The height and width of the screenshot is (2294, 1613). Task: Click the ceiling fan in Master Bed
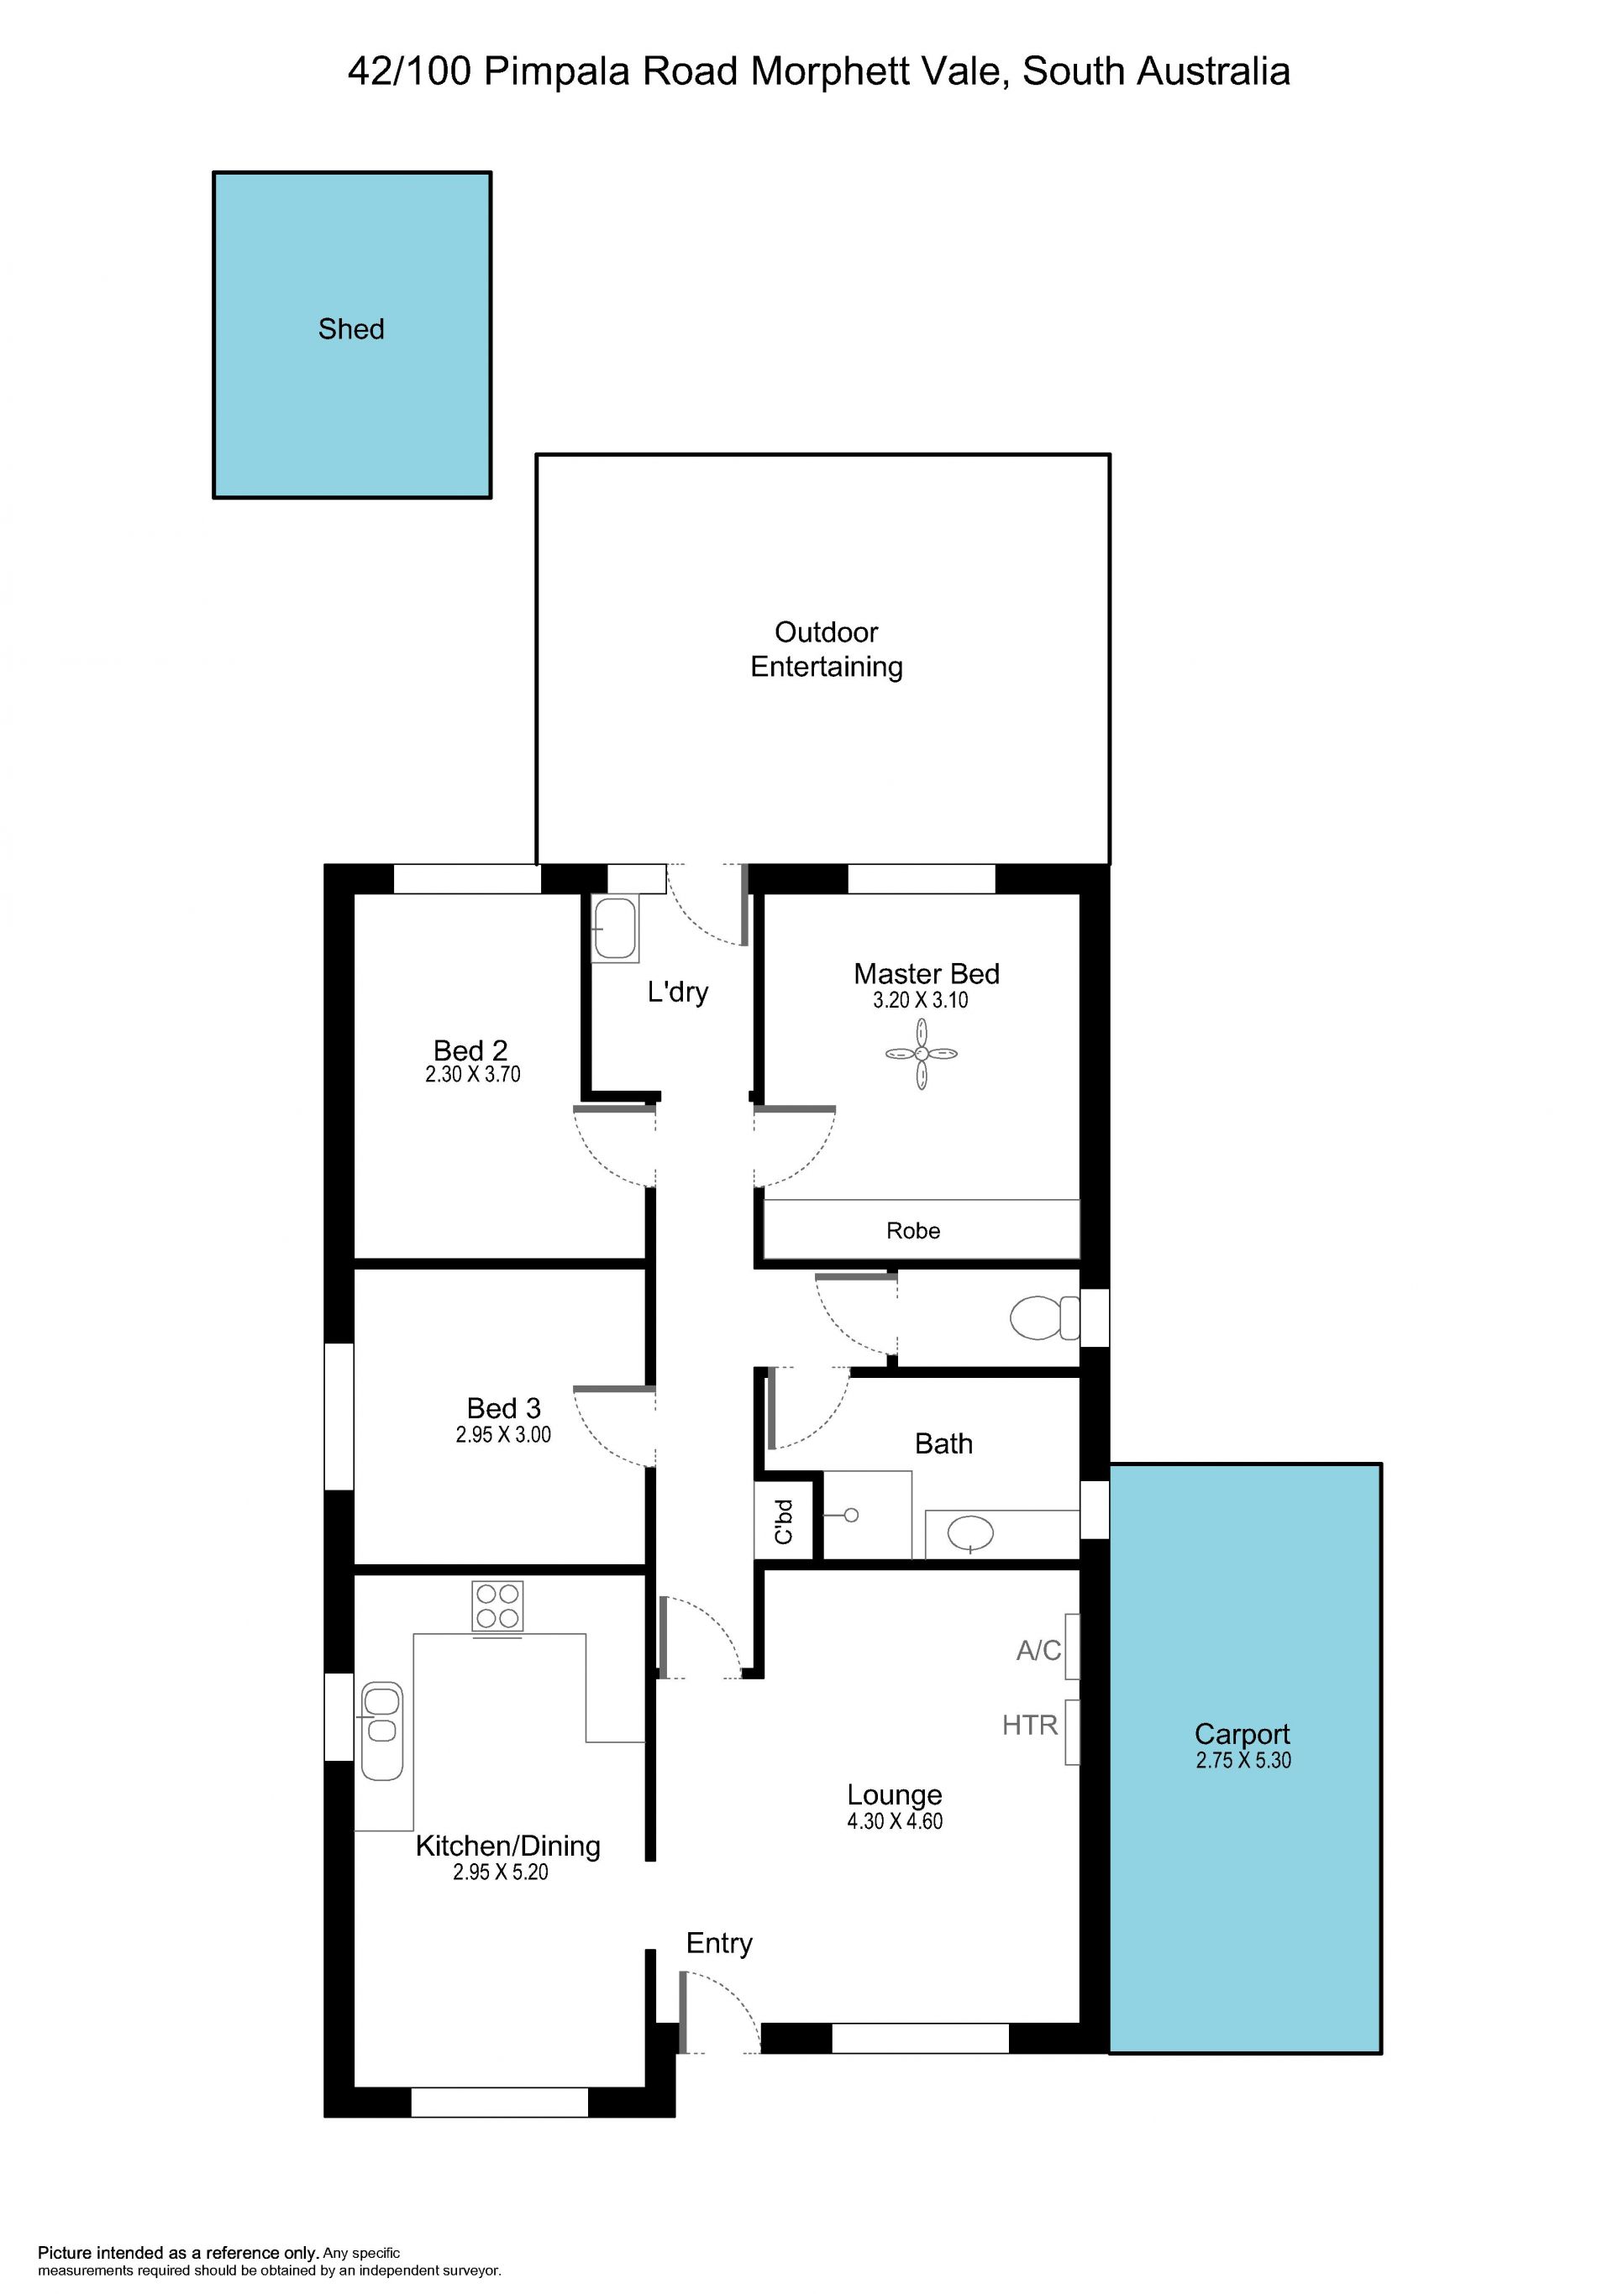[922, 1053]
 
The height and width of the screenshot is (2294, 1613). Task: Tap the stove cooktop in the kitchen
[497, 1605]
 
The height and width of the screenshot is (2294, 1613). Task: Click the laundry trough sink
[615, 930]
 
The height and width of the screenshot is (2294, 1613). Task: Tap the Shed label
[351, 328]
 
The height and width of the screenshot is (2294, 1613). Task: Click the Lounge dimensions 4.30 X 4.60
[895, 1821]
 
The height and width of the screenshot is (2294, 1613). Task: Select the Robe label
[912, 1231]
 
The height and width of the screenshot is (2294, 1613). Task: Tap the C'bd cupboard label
[785, 1521]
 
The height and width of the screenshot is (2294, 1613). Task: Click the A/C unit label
[1038, 1651]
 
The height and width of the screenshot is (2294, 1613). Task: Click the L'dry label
[678, 992]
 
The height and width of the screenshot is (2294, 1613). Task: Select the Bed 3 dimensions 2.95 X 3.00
[502, 1435]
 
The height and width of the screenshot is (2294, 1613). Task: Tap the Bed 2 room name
[470, 1050]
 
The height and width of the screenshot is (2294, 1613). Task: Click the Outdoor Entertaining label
[827, 649]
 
